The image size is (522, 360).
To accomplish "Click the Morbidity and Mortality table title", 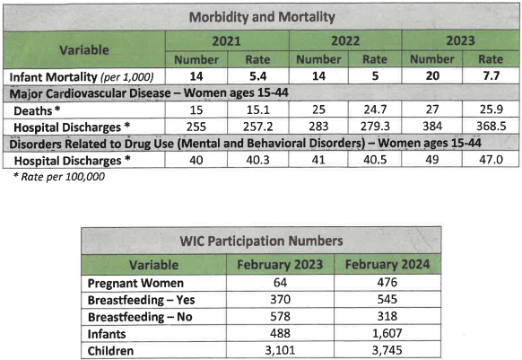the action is (x=262, y=17).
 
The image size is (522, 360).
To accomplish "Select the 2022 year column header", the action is (x=345, y=41).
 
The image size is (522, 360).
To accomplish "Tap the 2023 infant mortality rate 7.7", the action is (x=491, y=76).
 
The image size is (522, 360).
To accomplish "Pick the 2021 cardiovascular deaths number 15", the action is (x=196, y=110).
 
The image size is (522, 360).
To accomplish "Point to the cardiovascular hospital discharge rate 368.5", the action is (x=491, y=127).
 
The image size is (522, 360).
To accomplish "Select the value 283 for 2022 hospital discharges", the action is (x=318, y=127).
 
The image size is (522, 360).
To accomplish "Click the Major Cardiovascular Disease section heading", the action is (x=149, y=93).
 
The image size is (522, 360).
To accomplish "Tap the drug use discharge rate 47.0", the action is (x=491, y=160).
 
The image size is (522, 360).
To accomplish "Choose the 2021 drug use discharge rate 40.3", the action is (x=257, y=160).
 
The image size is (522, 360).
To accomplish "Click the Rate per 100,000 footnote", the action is (x=59, y=177).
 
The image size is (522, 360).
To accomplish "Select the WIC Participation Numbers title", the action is (x=261, y=241).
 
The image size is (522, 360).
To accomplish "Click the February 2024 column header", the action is (x=387, y=265).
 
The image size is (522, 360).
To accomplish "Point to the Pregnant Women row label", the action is (x=135, y=284).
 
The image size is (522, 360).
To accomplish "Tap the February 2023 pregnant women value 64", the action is (x=280, y=283).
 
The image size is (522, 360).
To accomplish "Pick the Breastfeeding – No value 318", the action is (x=387, y=316).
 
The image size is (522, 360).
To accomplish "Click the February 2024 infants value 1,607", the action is (x=387, y=333).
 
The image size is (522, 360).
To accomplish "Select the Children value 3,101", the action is (x=280, y=350).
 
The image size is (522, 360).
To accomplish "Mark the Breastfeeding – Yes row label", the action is (x=141, y=300).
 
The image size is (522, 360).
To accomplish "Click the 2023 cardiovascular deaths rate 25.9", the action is (x=491, y=110).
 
